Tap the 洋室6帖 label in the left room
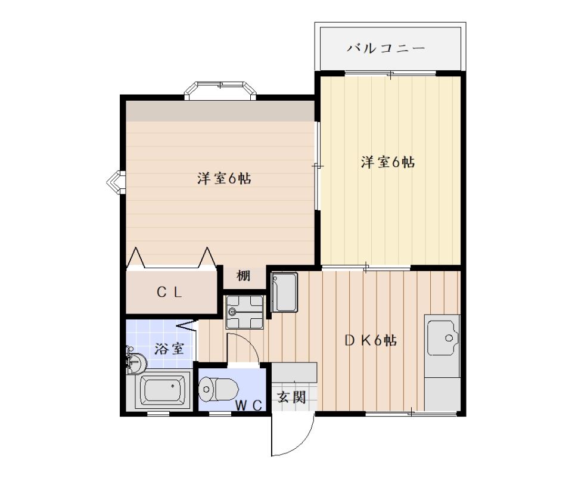(x=223, y=178)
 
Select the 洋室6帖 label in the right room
(x=387, y=162)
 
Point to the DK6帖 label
(x=371, y=340)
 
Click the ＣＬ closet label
(x=169, y=292)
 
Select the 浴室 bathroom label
(x=168, y=349)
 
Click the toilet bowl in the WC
(x=218, y=390)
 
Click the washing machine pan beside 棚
(x=245, y=312)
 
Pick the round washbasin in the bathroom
(x=137, y=362)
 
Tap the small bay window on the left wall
(x=116, y=182)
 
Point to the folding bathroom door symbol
(x=187, y=325)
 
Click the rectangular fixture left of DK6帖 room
(x=284, y=292)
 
